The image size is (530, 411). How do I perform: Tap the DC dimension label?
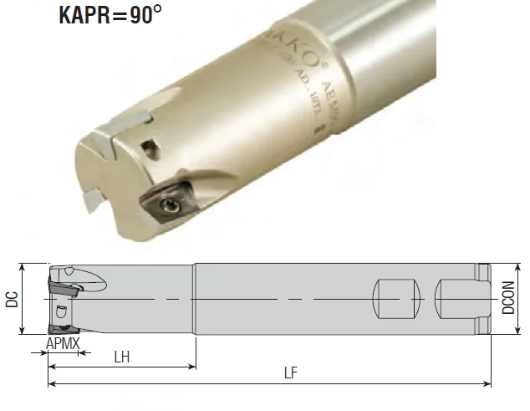(11, 300)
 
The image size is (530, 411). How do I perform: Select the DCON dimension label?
(509, 298)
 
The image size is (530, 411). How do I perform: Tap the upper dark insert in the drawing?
(62, 288)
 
